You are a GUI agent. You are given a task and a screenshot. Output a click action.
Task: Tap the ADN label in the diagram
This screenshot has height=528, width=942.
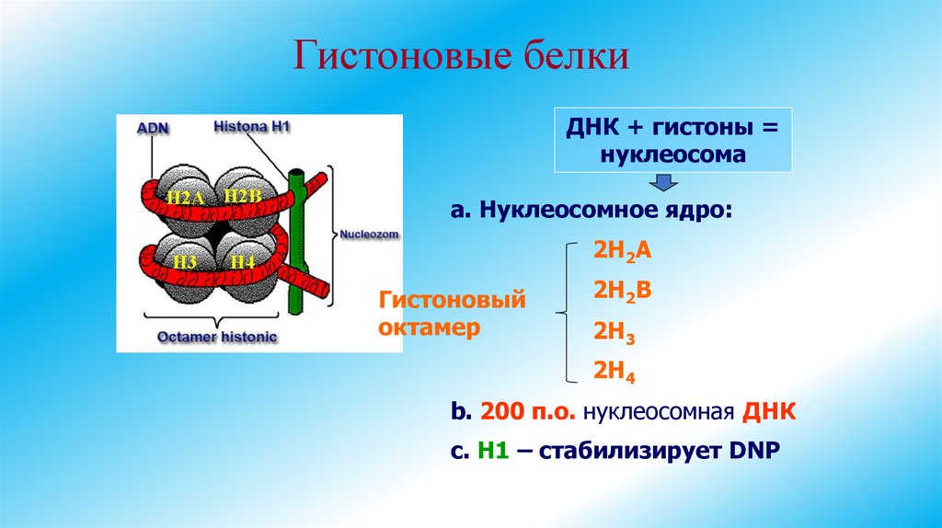tap(152, 129)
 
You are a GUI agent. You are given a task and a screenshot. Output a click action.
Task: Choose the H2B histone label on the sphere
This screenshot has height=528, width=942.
tap(243, 196)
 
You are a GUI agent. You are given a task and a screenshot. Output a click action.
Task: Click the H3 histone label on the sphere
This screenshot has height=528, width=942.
tap(184, 261)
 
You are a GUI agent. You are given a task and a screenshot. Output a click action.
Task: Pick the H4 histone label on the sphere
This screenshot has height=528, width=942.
tap(242, 261)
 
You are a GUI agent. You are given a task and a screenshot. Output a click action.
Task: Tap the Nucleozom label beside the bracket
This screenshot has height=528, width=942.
tap(368, 235)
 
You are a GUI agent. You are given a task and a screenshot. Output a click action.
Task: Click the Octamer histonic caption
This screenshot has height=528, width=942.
tap(217, 338)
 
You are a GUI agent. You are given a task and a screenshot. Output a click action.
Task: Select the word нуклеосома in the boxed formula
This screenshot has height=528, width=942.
tap(672, 155)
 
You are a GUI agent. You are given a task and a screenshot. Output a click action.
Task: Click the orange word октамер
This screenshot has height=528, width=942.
tap(430, 327)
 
